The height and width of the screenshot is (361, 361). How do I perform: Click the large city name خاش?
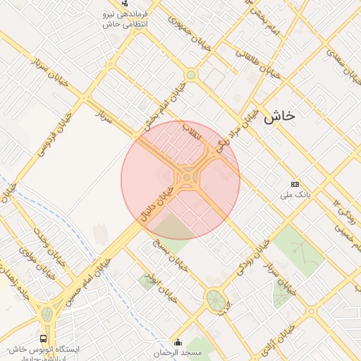[279, 117]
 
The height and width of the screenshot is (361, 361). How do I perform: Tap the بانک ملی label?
[296, 192]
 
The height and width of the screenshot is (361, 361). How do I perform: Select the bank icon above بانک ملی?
[294, 183]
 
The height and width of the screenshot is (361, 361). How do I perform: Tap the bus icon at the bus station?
[45, 338]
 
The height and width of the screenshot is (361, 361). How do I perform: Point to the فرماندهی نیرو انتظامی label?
[124, 19]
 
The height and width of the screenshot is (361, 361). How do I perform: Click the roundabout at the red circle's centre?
[186, 179]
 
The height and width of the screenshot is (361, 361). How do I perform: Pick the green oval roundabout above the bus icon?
[47, 314]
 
